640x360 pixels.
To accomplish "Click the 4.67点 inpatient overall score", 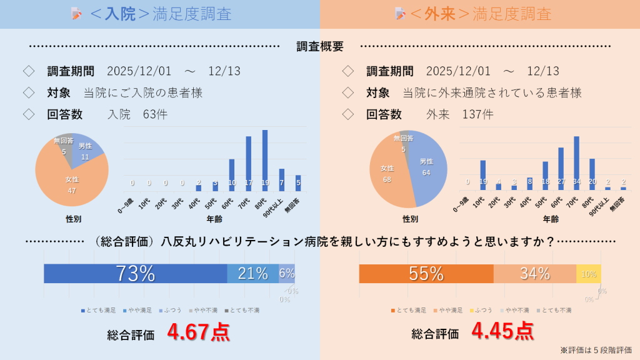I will click(198, 332).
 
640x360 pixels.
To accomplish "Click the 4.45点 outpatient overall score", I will click(502, 331).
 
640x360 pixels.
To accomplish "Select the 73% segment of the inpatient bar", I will click(135, 274).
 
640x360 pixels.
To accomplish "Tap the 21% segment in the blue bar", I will click(252, 274).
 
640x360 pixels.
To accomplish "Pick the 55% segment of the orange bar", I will click(426, 274).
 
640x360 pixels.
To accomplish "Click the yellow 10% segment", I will click(589, 274).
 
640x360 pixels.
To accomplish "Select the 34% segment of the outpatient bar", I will click(534, 274).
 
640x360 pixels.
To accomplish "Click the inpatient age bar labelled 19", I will click(265, 160).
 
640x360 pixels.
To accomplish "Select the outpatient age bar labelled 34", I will click(576, 162).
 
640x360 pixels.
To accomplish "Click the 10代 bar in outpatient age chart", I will click(482, 175).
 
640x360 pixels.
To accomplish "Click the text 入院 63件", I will click(137, 114).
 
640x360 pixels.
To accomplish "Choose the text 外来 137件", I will click(459, 114).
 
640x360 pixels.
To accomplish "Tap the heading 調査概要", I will click(320, 46).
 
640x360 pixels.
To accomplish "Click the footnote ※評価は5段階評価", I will click(596, 350).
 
